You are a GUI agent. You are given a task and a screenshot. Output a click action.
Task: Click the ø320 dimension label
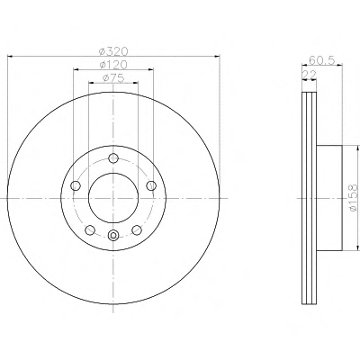(x=113, y=51)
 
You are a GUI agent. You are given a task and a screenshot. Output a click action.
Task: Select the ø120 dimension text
(x=113, y=65)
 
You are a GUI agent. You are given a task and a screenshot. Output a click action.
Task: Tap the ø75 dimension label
(x=113, y=78)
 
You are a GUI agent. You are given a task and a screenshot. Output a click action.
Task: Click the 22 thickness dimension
(x=309, y=75)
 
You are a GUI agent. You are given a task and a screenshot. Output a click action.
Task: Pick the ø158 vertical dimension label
(x=354, y=198)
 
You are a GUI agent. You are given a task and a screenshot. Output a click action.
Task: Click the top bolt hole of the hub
(x=113, y=158)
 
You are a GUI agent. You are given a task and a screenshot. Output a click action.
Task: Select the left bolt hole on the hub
(x=75, y=185)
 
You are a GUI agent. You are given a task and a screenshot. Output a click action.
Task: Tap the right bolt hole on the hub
(x=151, y=185)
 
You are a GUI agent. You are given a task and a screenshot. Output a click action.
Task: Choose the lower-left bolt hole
(x=90, y=230)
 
